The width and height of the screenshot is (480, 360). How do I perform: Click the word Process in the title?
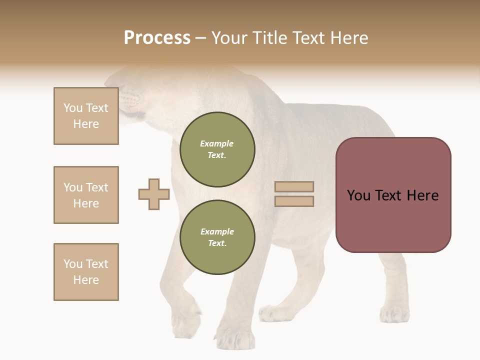click(x=157, y=38)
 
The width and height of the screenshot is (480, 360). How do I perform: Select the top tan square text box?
click(x=86, y=116)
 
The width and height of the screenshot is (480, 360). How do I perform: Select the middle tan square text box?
click(x=86, y=195)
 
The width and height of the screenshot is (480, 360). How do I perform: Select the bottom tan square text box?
click(x=86, y=272)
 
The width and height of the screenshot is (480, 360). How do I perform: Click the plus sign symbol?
click(x=154, y=194)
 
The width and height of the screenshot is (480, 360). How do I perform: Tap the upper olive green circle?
click(x=217, y=149)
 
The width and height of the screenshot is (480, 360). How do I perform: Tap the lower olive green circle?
click(x=217, y=237)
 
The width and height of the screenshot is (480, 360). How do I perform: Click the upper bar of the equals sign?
click(x=294, y=186)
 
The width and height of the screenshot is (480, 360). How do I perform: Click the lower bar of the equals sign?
click(x=294, y=201)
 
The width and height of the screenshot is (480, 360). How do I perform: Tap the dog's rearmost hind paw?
click(x=394, y=314)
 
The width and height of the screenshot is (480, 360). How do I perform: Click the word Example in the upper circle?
click(x=217, y=144)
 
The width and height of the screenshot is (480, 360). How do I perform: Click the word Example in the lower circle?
click(x=217, y=232)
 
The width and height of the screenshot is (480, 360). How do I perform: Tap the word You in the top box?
click(x=73, y=108)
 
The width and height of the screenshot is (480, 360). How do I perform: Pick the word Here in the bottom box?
click(x=86, y=280)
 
